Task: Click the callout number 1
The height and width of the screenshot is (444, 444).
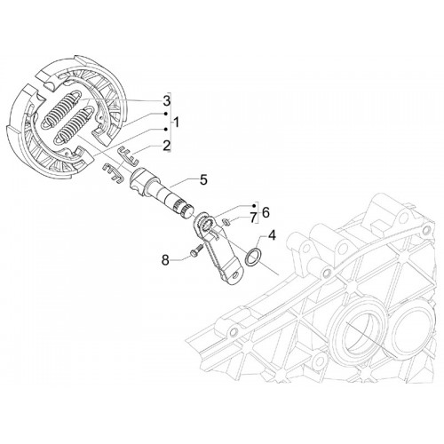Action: click(x=176, y=122)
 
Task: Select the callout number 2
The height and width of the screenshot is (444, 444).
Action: click(x=167, y=146)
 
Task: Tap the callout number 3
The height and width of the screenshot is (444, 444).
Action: click(x=167, y=101)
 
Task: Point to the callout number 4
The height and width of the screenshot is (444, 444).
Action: click(x=272, y=236)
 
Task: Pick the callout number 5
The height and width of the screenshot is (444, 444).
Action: click(x=203, y=180)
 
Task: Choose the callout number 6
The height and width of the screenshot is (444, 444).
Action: click(x=266, y=212)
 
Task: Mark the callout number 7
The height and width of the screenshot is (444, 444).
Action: click(x=252, y=218)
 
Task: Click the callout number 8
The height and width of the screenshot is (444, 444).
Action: click(x=165, y=260)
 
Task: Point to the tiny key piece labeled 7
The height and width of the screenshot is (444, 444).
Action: click(x=226, y=221)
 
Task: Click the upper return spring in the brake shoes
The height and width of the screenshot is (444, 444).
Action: click(x=62, y=110)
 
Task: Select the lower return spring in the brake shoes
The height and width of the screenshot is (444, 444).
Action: click(x=75, y=125)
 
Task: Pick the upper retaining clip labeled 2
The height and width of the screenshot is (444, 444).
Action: click(x=129, y=155)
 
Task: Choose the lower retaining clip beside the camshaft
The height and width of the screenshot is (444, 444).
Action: click(x=113, y=173)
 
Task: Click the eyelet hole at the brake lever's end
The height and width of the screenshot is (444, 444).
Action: click(x=235, y=275)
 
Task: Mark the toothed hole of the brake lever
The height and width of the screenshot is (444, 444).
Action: click(x=205, y=223)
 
